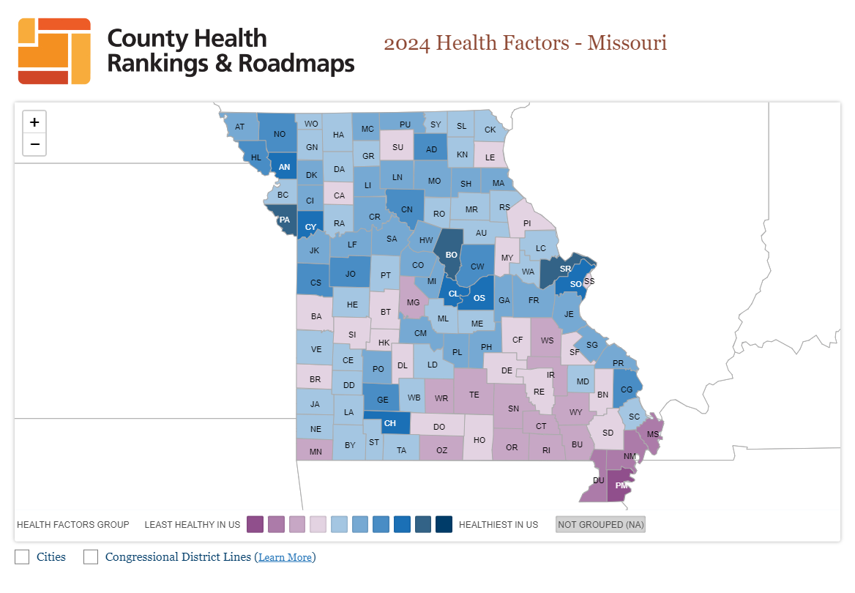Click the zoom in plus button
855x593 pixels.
(34, 122)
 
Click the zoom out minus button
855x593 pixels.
(34, 144)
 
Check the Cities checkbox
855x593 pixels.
(23, 557)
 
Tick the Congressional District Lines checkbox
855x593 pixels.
(91, 557)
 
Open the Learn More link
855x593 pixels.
(285, 558)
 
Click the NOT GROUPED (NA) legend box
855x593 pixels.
(600, 524)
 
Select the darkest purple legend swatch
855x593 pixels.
(255, 524)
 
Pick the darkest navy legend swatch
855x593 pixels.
(444, 524)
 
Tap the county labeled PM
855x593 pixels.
(621, 486)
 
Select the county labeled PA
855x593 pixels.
(285, 220)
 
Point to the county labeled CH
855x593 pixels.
(389, 423)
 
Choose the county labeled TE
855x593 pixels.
(474, 393)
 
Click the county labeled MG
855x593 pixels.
(412, 301)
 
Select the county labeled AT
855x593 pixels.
(239, 126)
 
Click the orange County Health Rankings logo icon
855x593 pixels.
(54, 51)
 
